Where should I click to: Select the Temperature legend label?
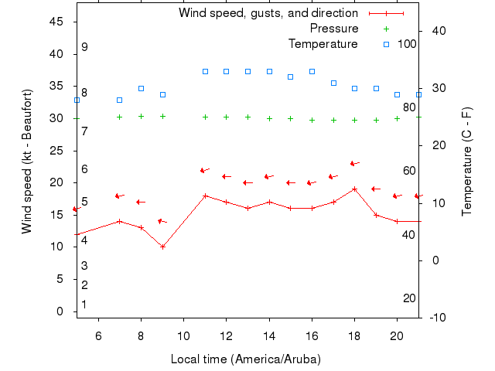click(323, 44)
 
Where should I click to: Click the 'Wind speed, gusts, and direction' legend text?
click(268, 13)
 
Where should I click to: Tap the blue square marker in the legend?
click(386, 44)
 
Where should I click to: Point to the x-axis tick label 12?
click(226, 336)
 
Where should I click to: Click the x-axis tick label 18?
click(354, 336)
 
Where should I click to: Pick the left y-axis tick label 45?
click(56, 22)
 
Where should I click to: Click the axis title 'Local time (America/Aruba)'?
click(245, 359)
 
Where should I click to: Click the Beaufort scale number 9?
click(84, 47)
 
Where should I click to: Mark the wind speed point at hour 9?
click(162, 247)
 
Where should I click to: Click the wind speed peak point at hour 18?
click(354, 189)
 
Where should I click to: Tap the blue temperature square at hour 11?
click(205, 71)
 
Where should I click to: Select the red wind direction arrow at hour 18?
click(354, 163)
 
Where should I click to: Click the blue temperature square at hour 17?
click(333, 83)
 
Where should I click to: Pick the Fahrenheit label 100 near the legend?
click(407, 43)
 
